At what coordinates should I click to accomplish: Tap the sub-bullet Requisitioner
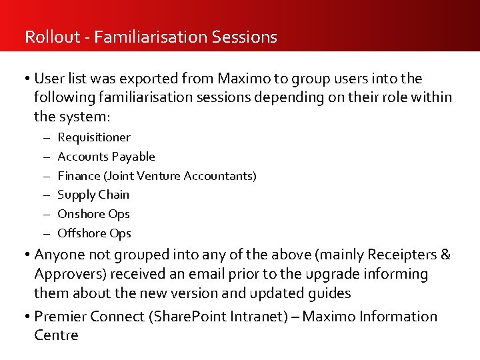pos(94,137)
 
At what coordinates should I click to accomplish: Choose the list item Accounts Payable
pos(106,157)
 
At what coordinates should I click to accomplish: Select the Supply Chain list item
pos(93,195)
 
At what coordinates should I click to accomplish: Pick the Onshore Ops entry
pos(93,214)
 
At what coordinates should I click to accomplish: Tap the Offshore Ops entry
pos(94,233)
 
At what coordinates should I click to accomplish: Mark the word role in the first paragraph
pos(393,98)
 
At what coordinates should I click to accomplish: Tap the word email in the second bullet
pos(209,274)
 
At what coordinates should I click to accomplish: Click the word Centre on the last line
pos(56,335)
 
